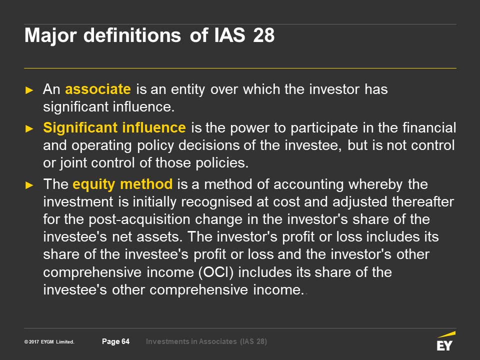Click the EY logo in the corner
tap(446, 341)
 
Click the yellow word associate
tap(98, 89)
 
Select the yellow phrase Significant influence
tap(114, 127)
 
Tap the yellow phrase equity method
tap(122, 184)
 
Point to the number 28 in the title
tap(264, 35)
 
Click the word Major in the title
tap(50, 36)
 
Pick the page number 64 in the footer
tap(125, 341)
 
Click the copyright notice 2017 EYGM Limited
tap(49, 341)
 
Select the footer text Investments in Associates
tap(191, 341)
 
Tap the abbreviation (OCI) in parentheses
tap(216, 272)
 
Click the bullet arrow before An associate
tap(29, 90)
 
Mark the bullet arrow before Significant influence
tap(29, 128)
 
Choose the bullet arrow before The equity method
tap(29, 185)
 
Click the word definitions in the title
tap(132, 35)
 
